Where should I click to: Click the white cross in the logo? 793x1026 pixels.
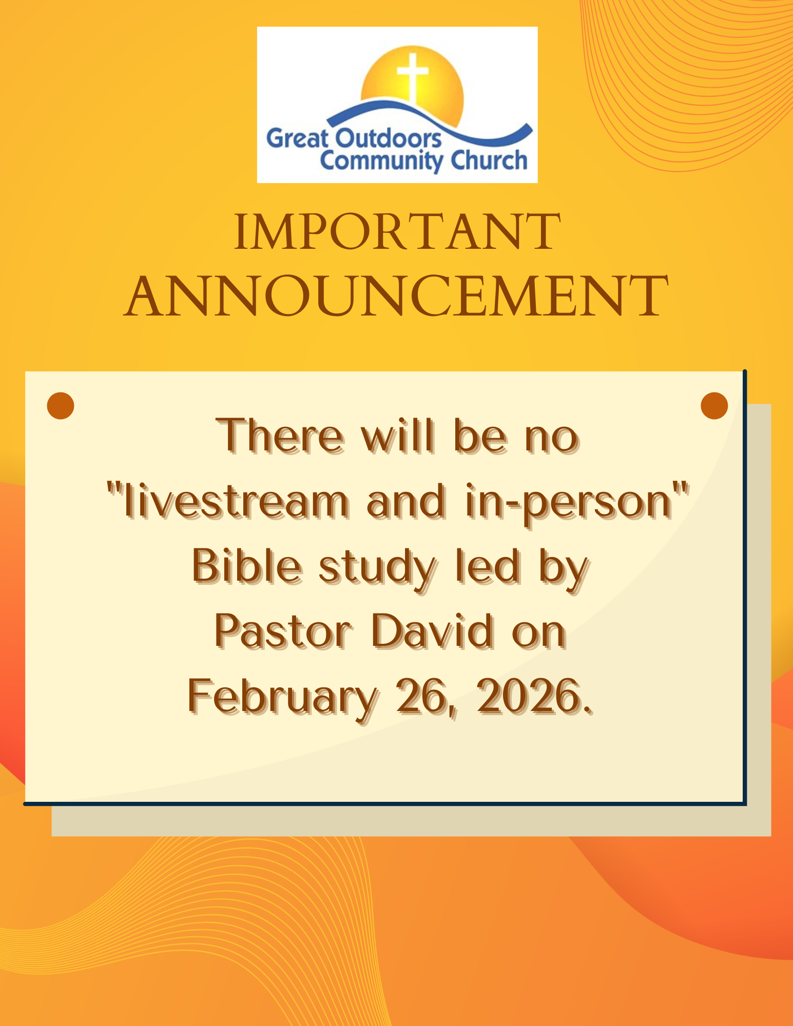(412, 77)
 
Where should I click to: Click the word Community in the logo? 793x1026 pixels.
(380, 161)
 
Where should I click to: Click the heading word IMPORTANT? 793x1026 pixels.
(397, 232)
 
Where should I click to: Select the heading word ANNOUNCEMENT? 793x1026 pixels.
(396, 296)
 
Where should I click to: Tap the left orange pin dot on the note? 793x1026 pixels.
(61, 406)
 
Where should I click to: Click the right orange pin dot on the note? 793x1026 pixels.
(714, 406)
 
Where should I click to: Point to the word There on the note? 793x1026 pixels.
(280, 437)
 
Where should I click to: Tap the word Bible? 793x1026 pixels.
(247, 567)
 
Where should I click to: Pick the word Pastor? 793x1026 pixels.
(283, 632)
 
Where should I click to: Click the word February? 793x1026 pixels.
(282, 699)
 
